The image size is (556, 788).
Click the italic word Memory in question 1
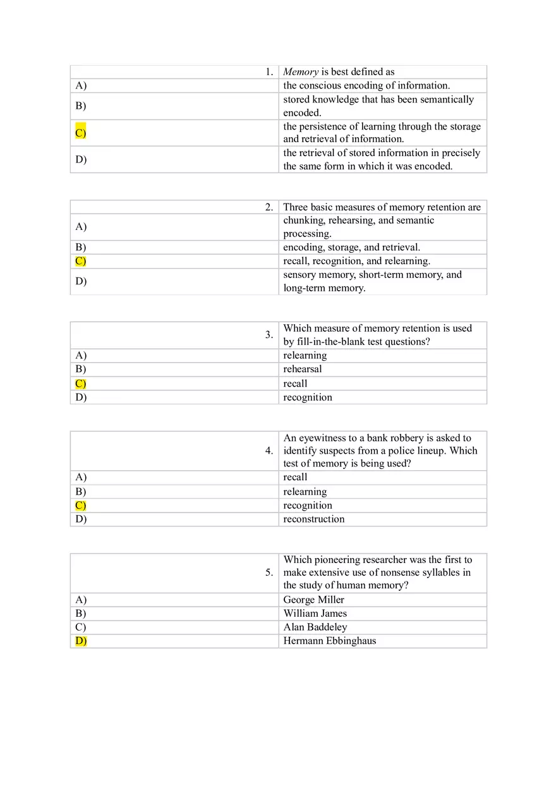(x=301, y=72)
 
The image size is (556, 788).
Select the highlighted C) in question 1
(x=80, y=133)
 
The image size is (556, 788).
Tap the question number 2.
(x=269, y=207)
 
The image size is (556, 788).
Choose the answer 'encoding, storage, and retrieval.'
(x=351, y=247)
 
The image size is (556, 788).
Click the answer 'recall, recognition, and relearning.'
(x=356, y=261)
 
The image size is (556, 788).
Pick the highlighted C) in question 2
(x=80, y=261)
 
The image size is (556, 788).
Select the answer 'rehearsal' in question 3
(x=302, y=369)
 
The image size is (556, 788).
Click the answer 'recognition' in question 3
(x=307, y=397)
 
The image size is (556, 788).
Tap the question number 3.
(x=269, y=335)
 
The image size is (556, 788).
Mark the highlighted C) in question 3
(x=80, y=384)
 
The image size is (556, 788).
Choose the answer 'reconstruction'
(x=313, y=519)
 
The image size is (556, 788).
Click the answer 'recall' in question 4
(x=295, y=477)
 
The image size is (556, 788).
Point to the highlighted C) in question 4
(x=80, y=506)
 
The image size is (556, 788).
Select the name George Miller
(x=313, y=600)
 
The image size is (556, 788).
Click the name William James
(x=315, y=614)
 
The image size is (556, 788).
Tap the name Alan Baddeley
(x=315, y=627)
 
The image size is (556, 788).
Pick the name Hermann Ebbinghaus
(x=329, y=641)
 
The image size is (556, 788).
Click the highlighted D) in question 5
(x=81, y=641)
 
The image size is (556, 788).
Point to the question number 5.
(x=269, y=573)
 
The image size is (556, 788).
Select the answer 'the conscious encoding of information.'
(x=366, y=86)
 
